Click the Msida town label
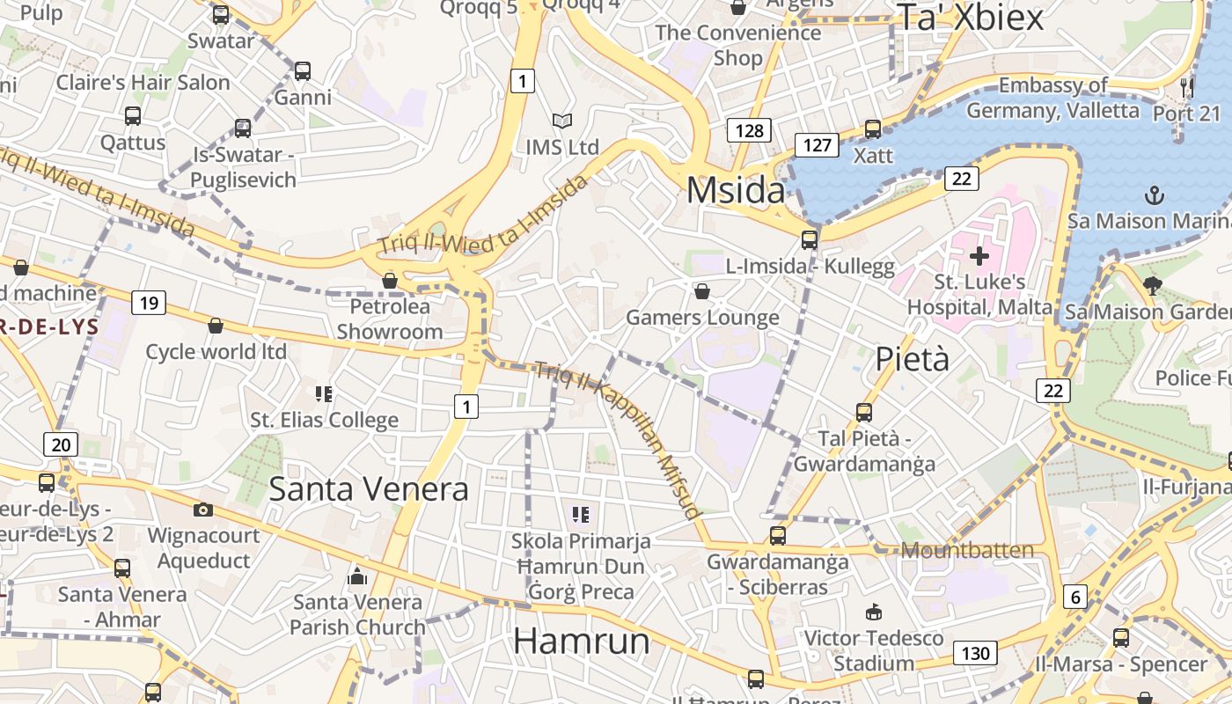pos(735,191)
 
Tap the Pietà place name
pos(913,359)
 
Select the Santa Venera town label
pos(369,488)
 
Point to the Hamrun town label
pos(582,640)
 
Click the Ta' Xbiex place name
pos(970,18)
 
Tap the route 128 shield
pos(749,131)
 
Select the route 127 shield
pos(817,144)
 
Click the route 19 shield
pos(149,304)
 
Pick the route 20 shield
pos(61,444)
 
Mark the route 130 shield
pos(975,653)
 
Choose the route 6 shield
pos(1075,598)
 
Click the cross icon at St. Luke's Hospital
pos(979,256)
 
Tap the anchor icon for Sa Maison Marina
pos(1153,194)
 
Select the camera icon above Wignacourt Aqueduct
pos(203,510)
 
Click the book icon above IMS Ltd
pos(561,121)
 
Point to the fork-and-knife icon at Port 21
pos(1187,87)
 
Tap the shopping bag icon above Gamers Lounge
pos(702,290)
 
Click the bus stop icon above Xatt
pos(872,129)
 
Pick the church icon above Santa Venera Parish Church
pos(357,576)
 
